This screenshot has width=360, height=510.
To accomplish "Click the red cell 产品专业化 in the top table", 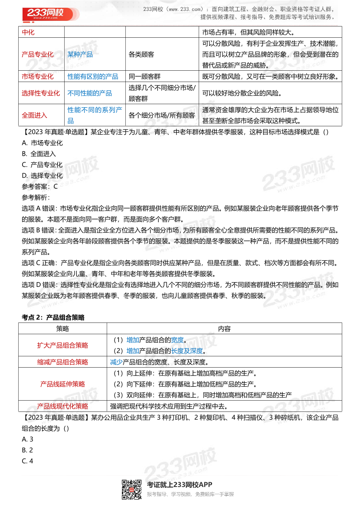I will (38, 54).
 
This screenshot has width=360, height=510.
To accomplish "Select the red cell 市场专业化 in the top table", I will (38, 76).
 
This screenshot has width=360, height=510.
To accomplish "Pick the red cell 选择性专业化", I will (41, 93).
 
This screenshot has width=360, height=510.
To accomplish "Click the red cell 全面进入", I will (35, 115).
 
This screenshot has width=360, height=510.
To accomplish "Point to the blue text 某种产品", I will (80, 54).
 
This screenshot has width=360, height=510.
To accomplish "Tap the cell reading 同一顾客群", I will (144, 76).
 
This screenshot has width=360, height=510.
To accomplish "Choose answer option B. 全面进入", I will (39, 154).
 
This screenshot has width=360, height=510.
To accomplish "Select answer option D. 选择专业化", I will (42, 175).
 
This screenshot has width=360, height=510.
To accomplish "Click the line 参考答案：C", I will (39, 186).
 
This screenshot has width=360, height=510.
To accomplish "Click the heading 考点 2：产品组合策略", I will (53, 317).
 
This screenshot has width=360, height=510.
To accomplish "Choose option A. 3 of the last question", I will (27, 439).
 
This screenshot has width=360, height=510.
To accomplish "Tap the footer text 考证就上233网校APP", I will (180, 485).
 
